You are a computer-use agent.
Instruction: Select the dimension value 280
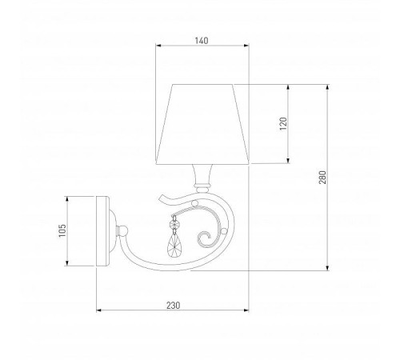click(322, 178)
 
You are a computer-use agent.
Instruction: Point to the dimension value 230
click(173, 305)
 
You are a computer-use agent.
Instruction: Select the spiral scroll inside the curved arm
click(206, 236)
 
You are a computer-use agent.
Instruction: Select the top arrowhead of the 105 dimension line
click(68, 197)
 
